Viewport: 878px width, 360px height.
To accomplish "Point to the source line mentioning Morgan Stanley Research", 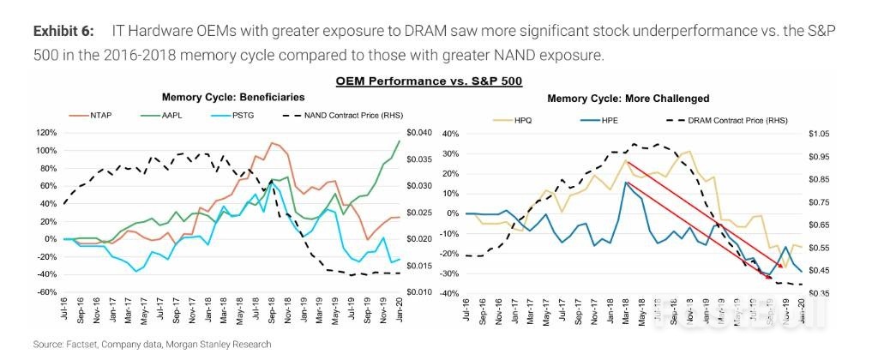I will pyautogui.click(x=153, y=344).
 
